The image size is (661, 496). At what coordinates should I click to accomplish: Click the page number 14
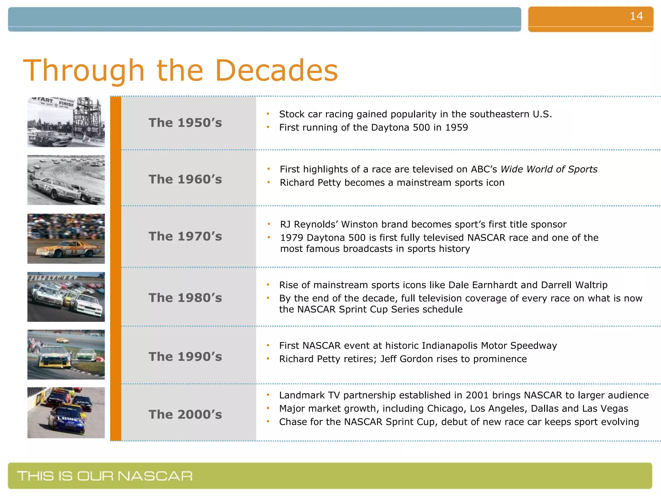pyautogui.click(x=636, y=16)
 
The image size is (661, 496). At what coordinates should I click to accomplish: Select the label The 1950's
pyautogui.click(x=185, y=123)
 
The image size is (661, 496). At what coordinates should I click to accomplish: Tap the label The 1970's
pyautogui.click(x=185, y=236)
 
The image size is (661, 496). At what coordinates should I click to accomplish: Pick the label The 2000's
pyautogui.click(x=185, y=414)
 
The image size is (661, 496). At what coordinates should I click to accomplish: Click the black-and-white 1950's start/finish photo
pyautogui.click(x=66, y=122)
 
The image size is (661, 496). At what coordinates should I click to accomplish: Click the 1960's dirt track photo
pyautogui.click(x=66, y=180)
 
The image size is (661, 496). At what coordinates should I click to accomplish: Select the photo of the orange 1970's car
pyautogui.click(x=66, y=239)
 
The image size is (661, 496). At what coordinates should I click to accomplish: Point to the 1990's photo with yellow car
pyautogui.click(x=66, y=355)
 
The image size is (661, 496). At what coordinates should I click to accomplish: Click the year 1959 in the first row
pyautogui.click(x=456, y=128)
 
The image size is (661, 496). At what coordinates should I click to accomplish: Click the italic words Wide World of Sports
pyautogui.click(x=549, y=169)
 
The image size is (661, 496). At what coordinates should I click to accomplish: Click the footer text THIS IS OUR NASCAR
pyautogui.click(x=105, y=476)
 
